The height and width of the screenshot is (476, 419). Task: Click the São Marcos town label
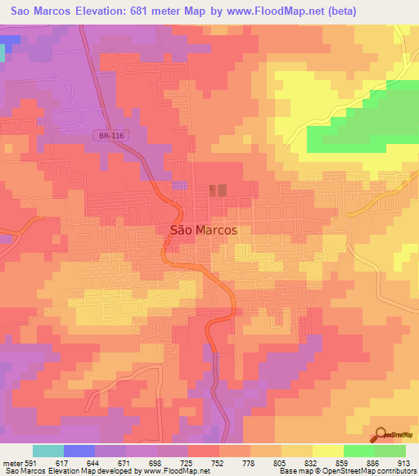tap(203, 230)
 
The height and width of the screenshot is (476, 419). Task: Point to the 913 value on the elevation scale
tap(404, 464)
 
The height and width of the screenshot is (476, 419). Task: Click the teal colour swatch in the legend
tap(47, 451)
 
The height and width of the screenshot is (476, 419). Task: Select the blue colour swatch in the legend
tap(79, 451)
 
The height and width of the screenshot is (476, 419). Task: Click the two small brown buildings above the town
tap(217, 191)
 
